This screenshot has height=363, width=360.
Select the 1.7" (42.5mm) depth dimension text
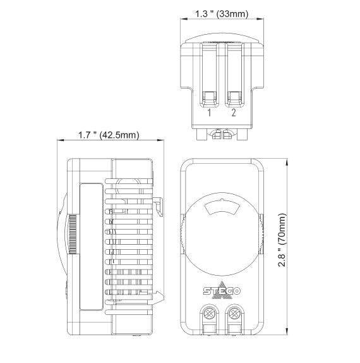(x=109, y=135)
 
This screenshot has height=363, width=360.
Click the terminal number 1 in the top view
(x=209, y=113)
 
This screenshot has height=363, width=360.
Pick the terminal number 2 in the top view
(x=233, y=113)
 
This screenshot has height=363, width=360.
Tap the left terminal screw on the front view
(x=209, y=312)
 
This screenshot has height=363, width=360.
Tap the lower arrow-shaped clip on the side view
(x=160, y=295)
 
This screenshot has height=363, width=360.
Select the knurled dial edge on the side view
(x=73, y=234)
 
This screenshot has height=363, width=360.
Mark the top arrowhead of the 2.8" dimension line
(x=287, y=160)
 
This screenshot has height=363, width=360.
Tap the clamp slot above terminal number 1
(x=209, y=98)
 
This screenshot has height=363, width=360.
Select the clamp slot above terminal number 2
(x=233, y=98)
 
